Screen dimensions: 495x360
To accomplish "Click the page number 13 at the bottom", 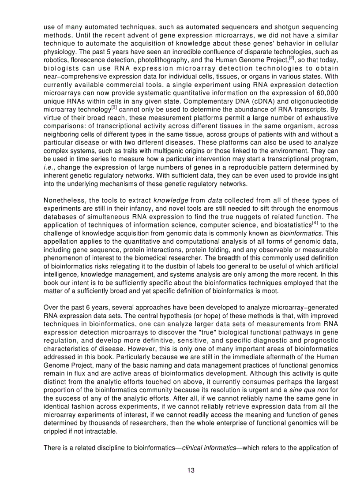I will point(191,470).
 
